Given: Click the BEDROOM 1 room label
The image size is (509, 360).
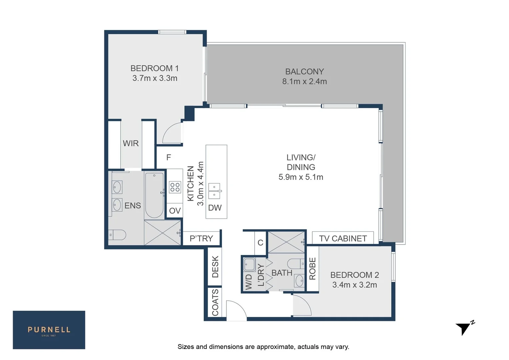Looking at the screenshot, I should coord(154,68).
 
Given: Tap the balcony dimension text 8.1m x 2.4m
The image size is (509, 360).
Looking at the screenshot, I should coord(304,81).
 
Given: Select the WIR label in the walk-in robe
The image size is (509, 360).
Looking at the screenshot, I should coord(131,143).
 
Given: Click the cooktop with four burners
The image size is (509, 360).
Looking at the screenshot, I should coord(175,187).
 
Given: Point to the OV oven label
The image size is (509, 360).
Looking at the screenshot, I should coord(175,211).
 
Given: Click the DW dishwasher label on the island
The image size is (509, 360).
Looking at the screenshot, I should coord(215,208).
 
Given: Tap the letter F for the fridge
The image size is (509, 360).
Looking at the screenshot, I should coord(169,157).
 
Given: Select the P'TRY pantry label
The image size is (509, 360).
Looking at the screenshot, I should coord(201,238).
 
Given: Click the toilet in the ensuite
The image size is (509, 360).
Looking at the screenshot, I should coord(117,235).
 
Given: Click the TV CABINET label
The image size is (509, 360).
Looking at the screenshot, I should coord(343,238).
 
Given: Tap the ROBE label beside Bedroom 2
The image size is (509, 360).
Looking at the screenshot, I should coord(312,269).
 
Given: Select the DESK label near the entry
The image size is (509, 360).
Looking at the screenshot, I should coord(215,267).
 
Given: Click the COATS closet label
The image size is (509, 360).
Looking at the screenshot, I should coord(215,302).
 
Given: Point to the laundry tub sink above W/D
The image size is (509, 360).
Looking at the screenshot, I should coord(249,265).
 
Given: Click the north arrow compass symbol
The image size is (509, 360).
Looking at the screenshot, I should coord(464,328).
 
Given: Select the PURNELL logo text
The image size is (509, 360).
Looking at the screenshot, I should coord(49,330).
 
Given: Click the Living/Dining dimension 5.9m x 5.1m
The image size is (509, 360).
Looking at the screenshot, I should coord(301,177).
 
